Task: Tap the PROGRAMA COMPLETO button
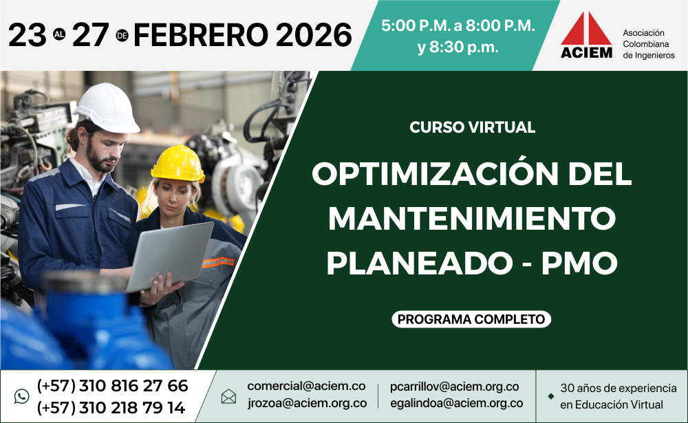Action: (471, 319)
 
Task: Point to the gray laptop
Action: (169, 256)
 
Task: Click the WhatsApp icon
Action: (21, 396)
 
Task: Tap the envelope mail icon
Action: (228, 397)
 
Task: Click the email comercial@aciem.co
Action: (306, 386)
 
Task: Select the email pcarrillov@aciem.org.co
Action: (455, 387)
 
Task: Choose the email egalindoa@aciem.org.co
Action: (456, 403)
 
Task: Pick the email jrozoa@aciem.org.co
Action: (307, 403)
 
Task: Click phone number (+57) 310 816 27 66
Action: (112, 386)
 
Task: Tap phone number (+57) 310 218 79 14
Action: (111, 408)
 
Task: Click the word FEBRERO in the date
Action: (201, 35)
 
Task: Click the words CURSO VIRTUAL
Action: (472, 127)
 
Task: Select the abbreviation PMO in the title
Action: (579, 263)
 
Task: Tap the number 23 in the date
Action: (28, 35)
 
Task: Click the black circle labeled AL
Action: (59, 34)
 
